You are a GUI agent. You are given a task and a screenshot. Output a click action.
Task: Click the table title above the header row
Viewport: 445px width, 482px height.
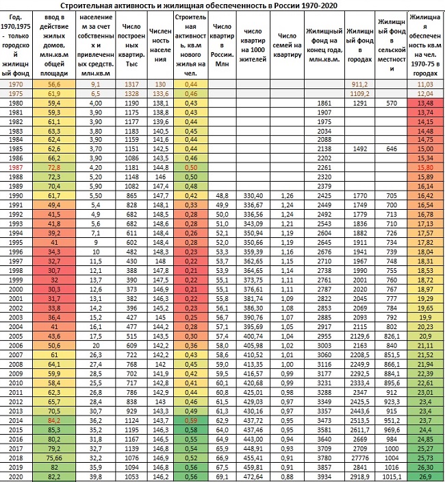[199, 5]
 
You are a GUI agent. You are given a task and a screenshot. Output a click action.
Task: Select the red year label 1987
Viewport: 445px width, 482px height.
[16, 167]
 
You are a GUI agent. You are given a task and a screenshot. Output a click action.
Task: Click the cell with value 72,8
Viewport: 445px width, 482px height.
[54, 167]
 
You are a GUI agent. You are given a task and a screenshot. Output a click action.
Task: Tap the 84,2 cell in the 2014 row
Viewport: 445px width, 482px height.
[54, 420]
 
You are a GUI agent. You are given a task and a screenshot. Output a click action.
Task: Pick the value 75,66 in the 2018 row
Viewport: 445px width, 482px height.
[54, 458]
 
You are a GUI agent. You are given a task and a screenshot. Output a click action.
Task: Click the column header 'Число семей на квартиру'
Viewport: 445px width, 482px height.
[287, 45]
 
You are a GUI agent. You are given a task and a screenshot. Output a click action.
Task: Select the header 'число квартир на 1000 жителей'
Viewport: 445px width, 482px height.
[253, 45]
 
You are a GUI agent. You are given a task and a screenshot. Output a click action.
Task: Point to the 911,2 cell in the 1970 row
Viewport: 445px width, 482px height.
[360, 84]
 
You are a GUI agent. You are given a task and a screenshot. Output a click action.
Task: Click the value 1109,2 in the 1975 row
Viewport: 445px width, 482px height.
[360, 93]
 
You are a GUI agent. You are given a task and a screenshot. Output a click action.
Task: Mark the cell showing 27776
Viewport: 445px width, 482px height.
[360, 458]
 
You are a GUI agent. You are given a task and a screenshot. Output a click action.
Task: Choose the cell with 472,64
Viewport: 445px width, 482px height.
[253, 477]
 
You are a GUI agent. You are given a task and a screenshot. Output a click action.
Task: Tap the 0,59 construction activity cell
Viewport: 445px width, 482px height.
[191, 420]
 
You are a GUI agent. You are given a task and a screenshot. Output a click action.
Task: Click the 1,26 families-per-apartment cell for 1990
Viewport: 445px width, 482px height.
[287, 195]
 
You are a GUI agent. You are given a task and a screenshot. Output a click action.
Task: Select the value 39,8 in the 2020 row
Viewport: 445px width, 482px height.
[96, 477]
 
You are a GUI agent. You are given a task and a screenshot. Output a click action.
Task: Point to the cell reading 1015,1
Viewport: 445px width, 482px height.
[392, 477]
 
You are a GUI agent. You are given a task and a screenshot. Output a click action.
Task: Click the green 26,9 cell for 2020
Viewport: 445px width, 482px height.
[425, 477]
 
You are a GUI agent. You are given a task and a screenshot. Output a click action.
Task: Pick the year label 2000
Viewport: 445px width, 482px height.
[16, 289]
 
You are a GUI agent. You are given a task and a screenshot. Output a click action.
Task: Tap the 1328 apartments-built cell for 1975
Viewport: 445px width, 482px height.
[131, 93]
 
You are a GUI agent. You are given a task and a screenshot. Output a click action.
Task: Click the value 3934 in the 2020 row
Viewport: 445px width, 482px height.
[325, 477]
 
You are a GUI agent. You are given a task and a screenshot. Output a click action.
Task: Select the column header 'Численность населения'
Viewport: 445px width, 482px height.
[160, 45]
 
